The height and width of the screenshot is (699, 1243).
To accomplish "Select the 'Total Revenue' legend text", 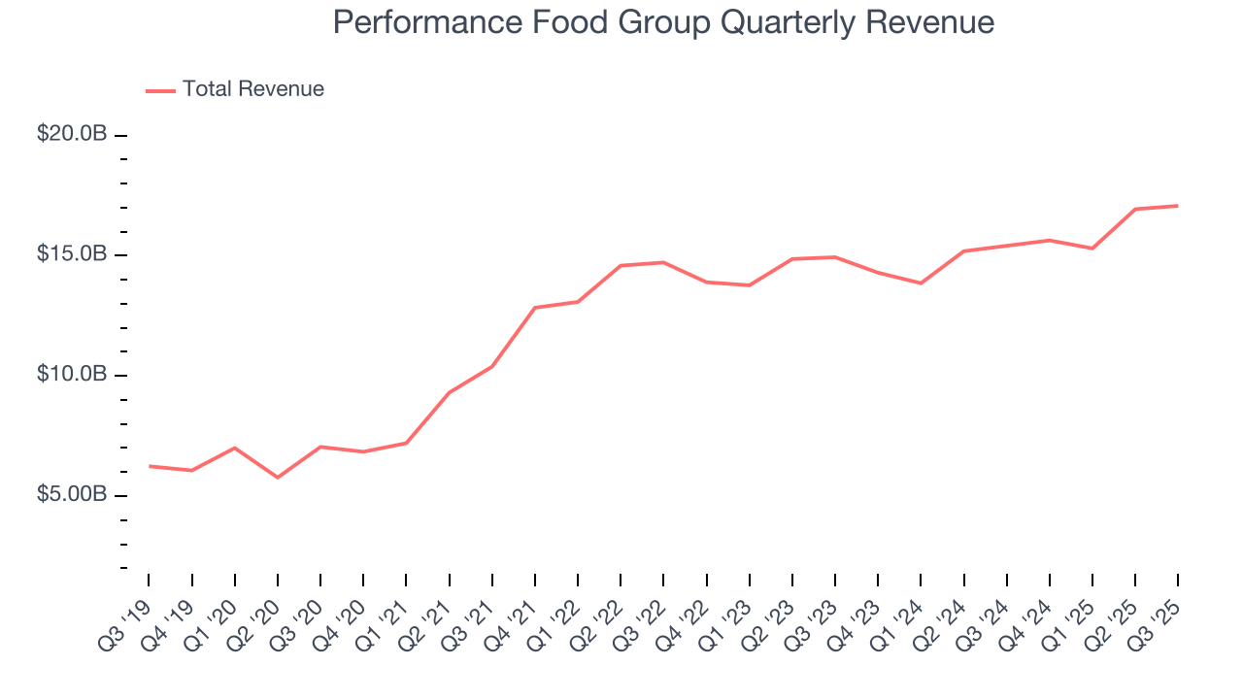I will pyautogui.click(x=252, y=89).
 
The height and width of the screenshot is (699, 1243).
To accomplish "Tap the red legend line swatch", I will pyautogui.click(x=160, y=90).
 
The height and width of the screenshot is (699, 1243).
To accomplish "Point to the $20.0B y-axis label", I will pyautogui.click(x=72, y=134).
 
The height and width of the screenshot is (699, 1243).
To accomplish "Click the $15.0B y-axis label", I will pyautogui.click(x=72, y=254).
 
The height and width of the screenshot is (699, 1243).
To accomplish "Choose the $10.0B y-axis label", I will pyautogui.click(x=72, y=375).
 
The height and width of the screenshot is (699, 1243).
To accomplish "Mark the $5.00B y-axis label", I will pyautogui.click(x=72, y=495).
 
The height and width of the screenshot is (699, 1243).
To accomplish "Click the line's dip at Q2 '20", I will pyautogui.click(x=278, y=478).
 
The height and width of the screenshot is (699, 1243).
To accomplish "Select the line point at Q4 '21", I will pyautogui.click(x=535, y=308).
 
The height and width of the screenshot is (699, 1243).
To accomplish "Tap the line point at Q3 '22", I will pyautogui.click(x=663, y=262).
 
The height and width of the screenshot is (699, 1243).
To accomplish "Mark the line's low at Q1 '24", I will pyautogui.click(x=921, y=283).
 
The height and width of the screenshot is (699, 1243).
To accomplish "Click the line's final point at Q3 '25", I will pyautogui.click(x=1178, y=206).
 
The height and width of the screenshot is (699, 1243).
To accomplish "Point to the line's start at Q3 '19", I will pyautogui.click(x=150, y=466).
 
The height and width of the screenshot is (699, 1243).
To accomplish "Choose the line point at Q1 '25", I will pyautogui.click(x=1092, y=249).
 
